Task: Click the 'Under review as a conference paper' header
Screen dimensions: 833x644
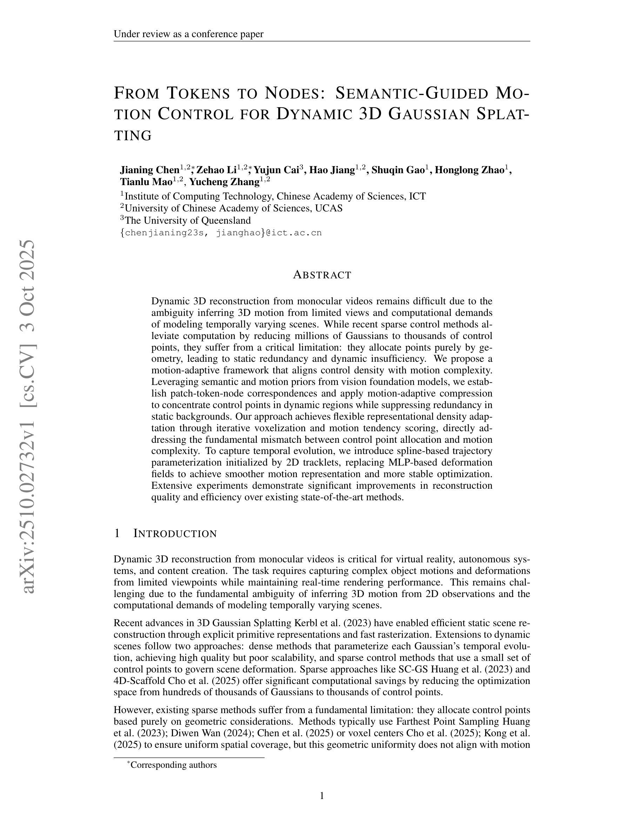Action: [x=188, y=34]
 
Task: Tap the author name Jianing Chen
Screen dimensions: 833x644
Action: [x=150, y=170]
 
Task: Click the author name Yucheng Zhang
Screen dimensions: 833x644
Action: [x=224, y=182]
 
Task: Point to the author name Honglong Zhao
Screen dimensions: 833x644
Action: [x=469, y=170]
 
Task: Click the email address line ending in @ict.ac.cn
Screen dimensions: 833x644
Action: [x=221, y=233]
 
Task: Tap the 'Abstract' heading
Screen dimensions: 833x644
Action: [x=322, y=275]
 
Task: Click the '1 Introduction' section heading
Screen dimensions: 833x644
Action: [x=165, y=534]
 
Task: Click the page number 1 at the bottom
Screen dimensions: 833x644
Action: [x=322, y=795]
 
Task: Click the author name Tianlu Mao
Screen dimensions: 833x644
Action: [x=146, y=182]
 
